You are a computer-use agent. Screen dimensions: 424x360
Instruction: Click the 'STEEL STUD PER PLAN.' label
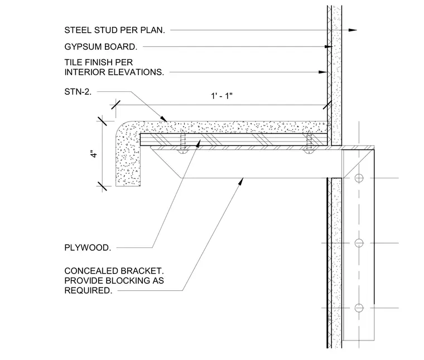pyautogui.click(x=115, y=30)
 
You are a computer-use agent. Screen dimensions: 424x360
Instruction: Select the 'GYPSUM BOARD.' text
pyautogui.click(x=101, y=47)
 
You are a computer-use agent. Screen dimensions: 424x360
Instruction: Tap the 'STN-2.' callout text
pyautogui.click(x=78, y=92)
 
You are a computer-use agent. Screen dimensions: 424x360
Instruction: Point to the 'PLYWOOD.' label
pyautogui.click(x=88, y=247)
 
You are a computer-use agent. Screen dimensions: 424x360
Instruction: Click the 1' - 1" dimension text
pyautogui.click(x=221, y=96)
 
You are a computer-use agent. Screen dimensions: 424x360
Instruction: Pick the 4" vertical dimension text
pyautogui.click(x=94, y=154)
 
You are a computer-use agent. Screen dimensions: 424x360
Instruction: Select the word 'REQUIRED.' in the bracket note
pyautogui.click(x=88, y=290)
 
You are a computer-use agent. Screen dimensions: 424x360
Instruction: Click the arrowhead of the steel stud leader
pyautogui.click(x=353, y=30)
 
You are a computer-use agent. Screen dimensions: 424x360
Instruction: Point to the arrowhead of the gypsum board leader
pyautogui.click(x=328, y=47)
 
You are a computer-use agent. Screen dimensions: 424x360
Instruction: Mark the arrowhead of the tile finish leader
pyautogui.click(x=323, y=72)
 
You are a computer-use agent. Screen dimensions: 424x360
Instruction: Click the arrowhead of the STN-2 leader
pyautogui.click(x=164, y=119)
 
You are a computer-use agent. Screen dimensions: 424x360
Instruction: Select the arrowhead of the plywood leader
pyautogui.click(x=198, y=144)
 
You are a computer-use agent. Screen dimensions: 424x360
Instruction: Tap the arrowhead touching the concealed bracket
pyautogui.click(x=240, y=181)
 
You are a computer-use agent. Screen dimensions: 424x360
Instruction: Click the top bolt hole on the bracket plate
pyautogui.click(x=359, y=178)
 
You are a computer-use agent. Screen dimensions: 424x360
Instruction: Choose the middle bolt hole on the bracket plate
pyautogui.click(x=359, y=243)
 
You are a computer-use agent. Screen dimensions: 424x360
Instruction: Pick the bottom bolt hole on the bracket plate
pyautogui.click(x=359, y=308)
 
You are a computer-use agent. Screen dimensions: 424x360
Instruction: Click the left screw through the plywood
pyautogui.click(x=183, y=142)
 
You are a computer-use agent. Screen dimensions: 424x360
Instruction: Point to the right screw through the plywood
pyautogui.click(x=309, y=142)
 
